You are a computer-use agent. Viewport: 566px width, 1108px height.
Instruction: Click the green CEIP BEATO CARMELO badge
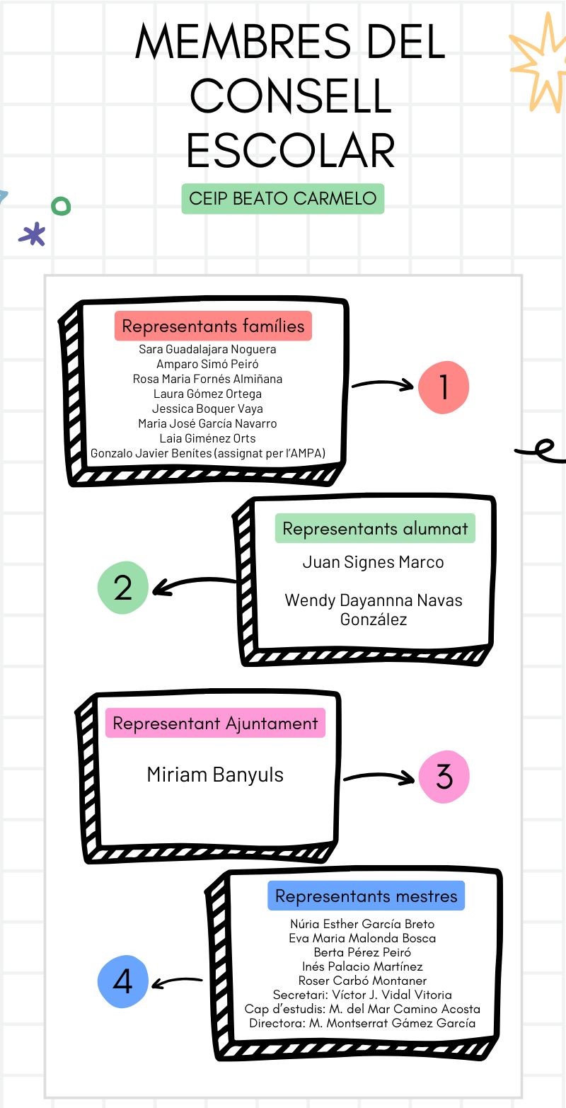click(x=282, y=198)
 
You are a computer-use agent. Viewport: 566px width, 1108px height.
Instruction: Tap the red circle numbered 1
click(x=444, y=387)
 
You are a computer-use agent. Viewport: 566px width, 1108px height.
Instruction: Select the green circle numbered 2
click(x=123, y=587)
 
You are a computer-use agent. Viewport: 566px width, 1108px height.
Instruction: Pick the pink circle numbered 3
click(x=444, y=777)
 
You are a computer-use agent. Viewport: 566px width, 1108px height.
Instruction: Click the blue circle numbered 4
click(x=123, y=981)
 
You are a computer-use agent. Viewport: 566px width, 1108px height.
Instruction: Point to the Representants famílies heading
click(x=213, y=326)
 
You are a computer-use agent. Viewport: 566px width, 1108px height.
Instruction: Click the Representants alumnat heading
click(x=375, y=528)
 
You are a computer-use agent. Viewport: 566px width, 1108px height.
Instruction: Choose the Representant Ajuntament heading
click(x=215, y=724)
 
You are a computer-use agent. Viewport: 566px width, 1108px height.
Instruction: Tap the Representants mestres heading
click(x=366, y=896)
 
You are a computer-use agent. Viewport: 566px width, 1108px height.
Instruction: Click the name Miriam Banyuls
click(x=215, y=775)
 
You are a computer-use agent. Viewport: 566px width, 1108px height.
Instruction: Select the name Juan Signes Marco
click(x=373, y=562)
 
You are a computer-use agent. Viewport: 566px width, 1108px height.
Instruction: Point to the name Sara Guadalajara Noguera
click(x=207, y=349)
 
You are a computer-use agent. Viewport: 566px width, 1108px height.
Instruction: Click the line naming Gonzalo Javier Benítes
click(x=208, y=453)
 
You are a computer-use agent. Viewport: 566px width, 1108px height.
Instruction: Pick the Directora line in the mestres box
click(x=362, y=1023)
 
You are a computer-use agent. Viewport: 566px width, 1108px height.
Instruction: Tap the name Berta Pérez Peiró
click(x=362, y=952)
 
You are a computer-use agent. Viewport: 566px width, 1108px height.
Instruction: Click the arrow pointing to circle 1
click(x=383, y=385)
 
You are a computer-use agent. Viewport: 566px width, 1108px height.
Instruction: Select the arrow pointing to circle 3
click(x=379, y=777)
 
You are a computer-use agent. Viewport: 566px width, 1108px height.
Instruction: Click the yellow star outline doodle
click(x=539, y=64)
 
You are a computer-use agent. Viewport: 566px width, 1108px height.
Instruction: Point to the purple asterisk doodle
click(x=33, y=234)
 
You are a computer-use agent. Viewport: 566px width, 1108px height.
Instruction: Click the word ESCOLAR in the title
click(x=290, y=150)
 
